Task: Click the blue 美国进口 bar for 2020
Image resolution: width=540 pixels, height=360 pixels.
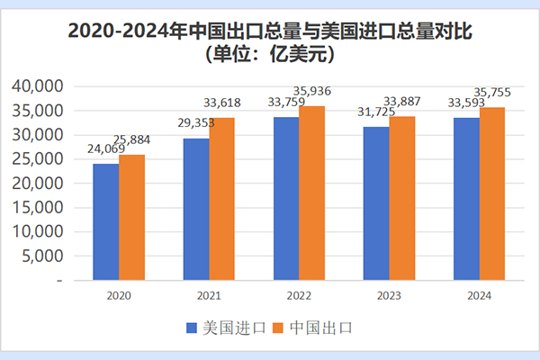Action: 105,221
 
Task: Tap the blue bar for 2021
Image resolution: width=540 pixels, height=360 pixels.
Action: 196,209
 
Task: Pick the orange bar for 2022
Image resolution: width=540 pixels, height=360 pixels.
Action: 311,193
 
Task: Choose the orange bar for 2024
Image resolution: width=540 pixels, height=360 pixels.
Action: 492,193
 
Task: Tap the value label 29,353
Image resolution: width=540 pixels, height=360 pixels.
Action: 193,123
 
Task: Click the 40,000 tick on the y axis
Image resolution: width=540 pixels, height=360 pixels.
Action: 37,86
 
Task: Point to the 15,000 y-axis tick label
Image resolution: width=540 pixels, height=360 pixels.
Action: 37,208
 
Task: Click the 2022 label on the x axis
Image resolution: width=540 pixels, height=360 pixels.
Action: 298,294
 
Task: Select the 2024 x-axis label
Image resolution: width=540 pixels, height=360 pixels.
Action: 479,294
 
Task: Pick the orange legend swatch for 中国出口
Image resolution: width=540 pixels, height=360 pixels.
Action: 277,328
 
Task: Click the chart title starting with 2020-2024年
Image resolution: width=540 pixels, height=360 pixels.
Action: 270,31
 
